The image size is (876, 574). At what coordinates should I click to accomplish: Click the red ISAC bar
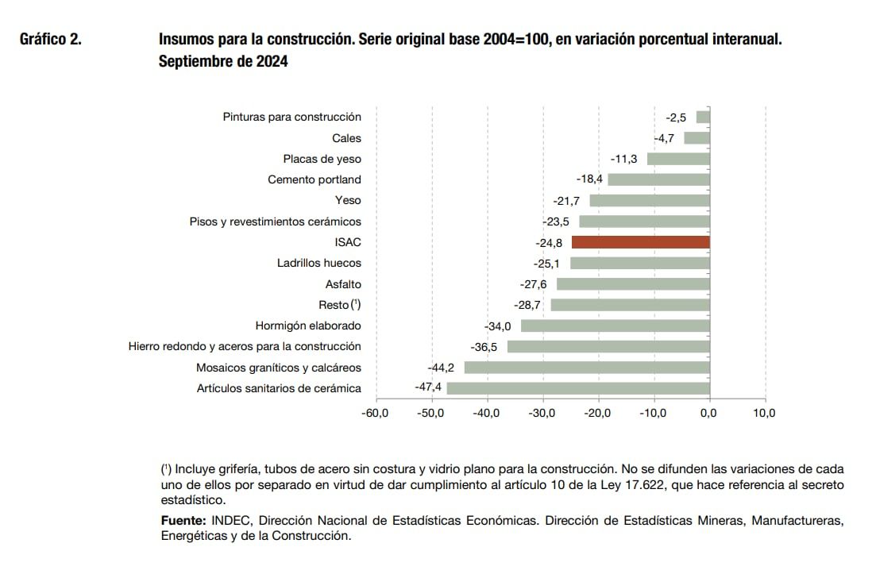[x=640, y=242]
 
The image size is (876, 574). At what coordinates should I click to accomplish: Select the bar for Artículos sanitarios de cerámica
[x=578, y=388]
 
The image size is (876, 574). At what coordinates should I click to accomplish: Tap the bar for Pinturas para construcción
[x=702, y=117]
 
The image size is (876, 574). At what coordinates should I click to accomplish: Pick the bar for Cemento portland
[x=658, y=179]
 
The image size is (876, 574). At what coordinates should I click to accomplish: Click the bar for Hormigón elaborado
[x=615, y=326]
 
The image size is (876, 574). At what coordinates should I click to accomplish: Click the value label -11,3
[x=623, y=159]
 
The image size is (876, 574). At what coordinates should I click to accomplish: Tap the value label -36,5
[x=484, y=347]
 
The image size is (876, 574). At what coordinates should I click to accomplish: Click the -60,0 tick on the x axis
[x=375, y=413]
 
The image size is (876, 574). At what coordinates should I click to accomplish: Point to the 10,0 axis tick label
[x=764, y=413]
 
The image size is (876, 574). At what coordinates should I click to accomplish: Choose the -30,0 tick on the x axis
[x=542, y=413]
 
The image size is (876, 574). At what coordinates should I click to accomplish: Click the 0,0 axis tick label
[x=708, y=413]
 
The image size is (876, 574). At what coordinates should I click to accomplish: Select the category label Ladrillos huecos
[x=318, y=263]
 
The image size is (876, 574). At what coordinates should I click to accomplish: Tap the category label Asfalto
[x=343, y=284]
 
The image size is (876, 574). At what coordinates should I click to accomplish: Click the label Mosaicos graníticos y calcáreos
[x=278, y=368]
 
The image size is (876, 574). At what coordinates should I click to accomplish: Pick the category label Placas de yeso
[x=322, y=159]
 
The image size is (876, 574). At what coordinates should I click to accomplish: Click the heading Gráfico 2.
[x=50, y=39]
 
